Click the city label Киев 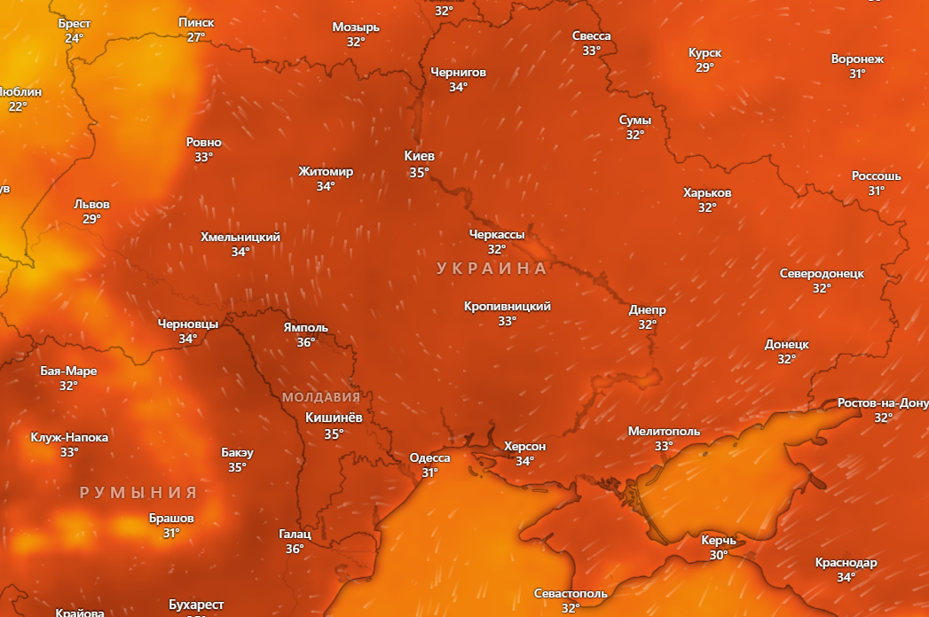[x=420, y=156]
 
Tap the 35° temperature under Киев [x=420, y=172]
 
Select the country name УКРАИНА [x=492, y=268]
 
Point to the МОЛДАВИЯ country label [x=321, y=397]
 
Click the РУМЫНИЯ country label [x=138, y=493]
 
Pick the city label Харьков [x=707, y=192]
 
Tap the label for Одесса [x=429, y=457]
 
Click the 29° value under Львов [x=91, y=219]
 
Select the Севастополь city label [x=571, y=593]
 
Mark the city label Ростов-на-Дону [x=882, y=402]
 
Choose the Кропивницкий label [x=507, y=306]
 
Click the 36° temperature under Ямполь [x=306, y=342]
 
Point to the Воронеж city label [x=857, y=59]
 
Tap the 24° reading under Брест [x=74, y=38]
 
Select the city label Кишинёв [x=333, y=418]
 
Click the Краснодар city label [x=846, y=562]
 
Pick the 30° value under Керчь [x=718, y=555]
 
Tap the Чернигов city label [x=458, y=72]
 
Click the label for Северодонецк [x=822, y=273]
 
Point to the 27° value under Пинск [x=196, y=37]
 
